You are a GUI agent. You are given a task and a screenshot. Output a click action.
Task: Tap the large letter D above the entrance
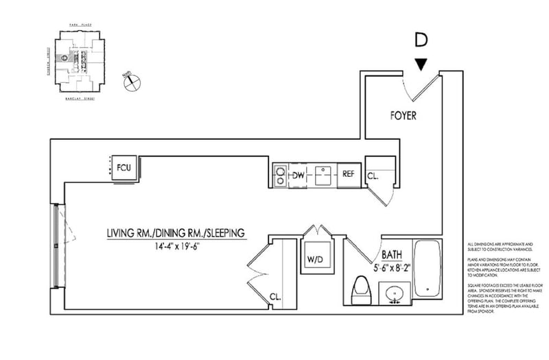[421, 40]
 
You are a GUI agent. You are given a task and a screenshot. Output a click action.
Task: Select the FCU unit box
[124, 168]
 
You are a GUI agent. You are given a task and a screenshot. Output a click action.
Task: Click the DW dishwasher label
[299, 175]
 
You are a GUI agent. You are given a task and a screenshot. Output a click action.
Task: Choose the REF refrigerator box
[349, 174]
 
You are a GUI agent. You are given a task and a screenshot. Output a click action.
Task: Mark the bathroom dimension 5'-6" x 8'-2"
[393, 269]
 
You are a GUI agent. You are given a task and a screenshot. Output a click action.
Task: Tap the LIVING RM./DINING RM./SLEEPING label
[176, 234]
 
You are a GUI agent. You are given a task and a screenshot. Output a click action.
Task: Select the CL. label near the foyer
[374, 176]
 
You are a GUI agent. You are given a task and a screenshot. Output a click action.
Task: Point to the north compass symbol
[129, 82]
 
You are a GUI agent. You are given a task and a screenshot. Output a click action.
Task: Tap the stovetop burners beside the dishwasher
[280, 175]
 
